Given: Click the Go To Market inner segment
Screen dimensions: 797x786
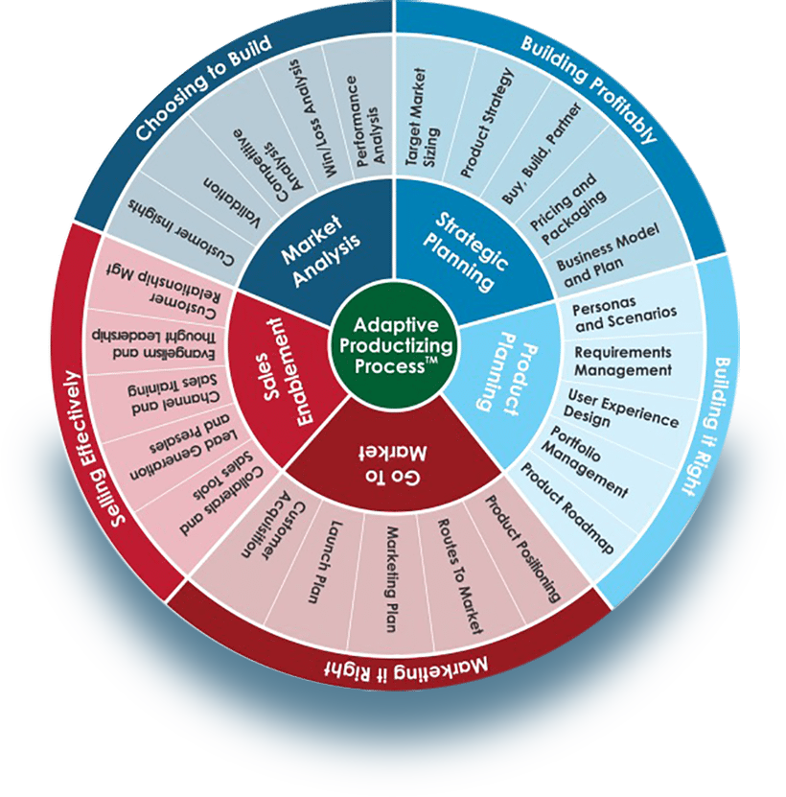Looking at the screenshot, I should click(394, 459).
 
